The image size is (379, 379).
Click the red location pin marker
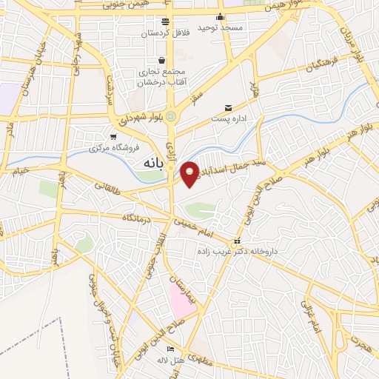[190, 173]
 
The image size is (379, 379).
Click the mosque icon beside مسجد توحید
[220, 18]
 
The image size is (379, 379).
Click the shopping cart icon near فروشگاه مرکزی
[113, 136]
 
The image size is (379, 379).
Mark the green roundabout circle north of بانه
[172, 116]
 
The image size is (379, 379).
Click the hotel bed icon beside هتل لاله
[171, 349]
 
